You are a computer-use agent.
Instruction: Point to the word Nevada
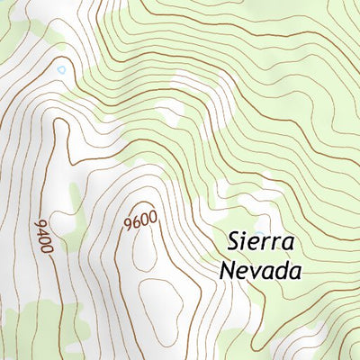coord(259,268)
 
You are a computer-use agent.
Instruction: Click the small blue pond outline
coord(60,68)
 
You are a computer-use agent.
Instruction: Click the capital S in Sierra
coord(235,241)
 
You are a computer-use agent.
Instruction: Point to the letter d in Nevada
coord(279,267)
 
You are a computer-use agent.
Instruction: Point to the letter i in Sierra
coord(249,241)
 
